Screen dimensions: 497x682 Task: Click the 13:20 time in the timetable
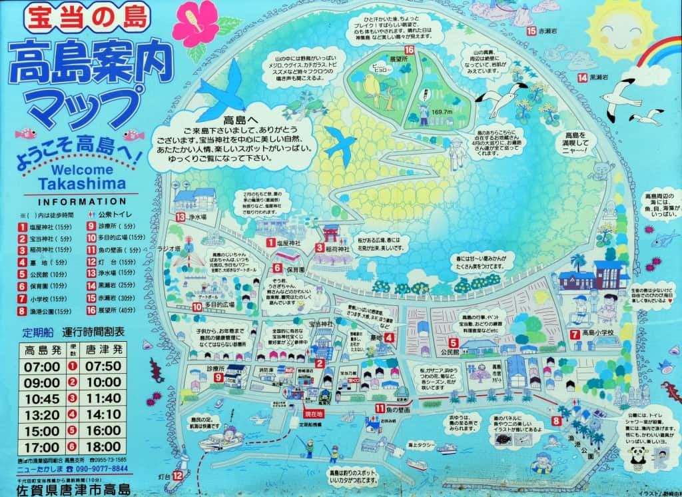point(41,414)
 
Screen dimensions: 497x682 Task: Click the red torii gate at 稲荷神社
point(331,234)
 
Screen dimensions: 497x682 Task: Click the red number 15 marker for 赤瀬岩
point(531,31)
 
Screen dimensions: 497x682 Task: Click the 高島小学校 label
point(599,333)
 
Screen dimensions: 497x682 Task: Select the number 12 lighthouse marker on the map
point(177,476)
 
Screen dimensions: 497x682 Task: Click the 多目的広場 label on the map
point(222,307)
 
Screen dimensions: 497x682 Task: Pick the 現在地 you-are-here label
point(313,414)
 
